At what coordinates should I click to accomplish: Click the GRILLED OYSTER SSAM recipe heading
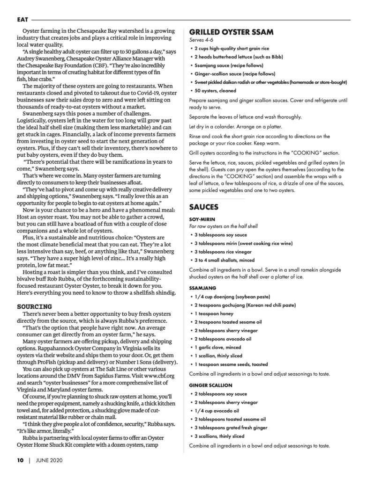point(228,32)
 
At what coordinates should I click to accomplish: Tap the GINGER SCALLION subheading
point(210,385)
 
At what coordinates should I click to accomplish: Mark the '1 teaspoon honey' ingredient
point(214,314)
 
